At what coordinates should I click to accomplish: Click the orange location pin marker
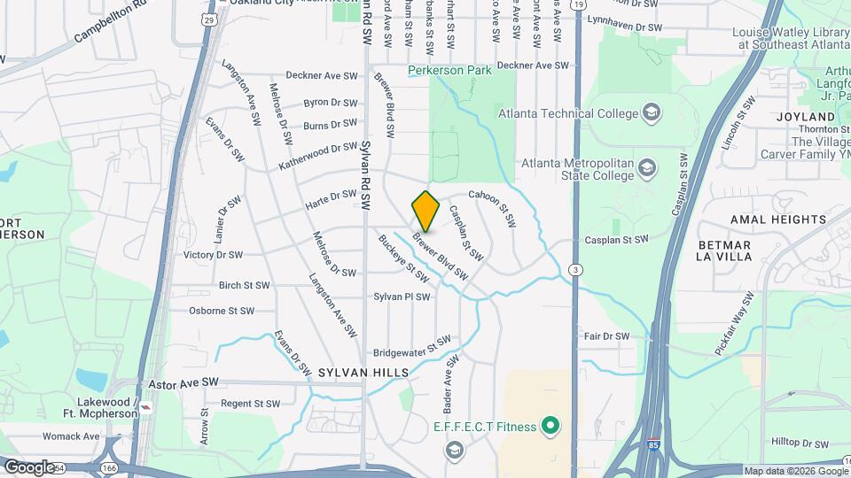[426, 210]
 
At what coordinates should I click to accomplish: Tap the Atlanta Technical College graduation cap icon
[652, 112]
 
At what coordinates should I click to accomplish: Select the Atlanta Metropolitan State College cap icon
[649, 166]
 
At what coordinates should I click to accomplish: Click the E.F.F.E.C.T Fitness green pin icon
[550, 428]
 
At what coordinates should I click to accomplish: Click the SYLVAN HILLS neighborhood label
[363, 374]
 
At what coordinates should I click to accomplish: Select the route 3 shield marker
[576, 269]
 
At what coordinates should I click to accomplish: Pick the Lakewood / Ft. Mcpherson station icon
[145, 407]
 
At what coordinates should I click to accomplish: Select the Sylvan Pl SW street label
[402, 297]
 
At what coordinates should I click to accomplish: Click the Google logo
[28, 466]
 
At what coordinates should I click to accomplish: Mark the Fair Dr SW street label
[606, 336]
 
